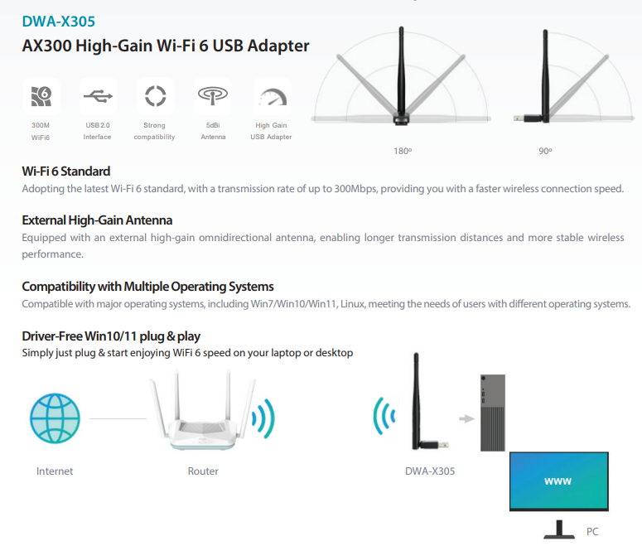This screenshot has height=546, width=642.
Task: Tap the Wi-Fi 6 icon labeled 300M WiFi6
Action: (41, 97)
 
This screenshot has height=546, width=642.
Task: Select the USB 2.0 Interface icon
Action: (98, 97)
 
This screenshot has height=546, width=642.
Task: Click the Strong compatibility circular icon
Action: (155, 97)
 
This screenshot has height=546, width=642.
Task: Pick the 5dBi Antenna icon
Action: (213, 97)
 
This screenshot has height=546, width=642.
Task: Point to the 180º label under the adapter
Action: (403, 152)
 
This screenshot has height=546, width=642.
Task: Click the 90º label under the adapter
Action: (544, 152)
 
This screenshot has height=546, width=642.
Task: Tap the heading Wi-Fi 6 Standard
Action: (65, 172)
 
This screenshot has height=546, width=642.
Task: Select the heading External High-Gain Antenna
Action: (97, 220)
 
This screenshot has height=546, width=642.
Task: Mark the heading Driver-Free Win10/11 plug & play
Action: (111, 336)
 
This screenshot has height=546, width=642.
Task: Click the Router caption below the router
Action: (203, 471)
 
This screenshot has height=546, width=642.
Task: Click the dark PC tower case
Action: (492, 413)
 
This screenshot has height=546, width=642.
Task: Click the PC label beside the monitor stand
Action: (591, 532)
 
